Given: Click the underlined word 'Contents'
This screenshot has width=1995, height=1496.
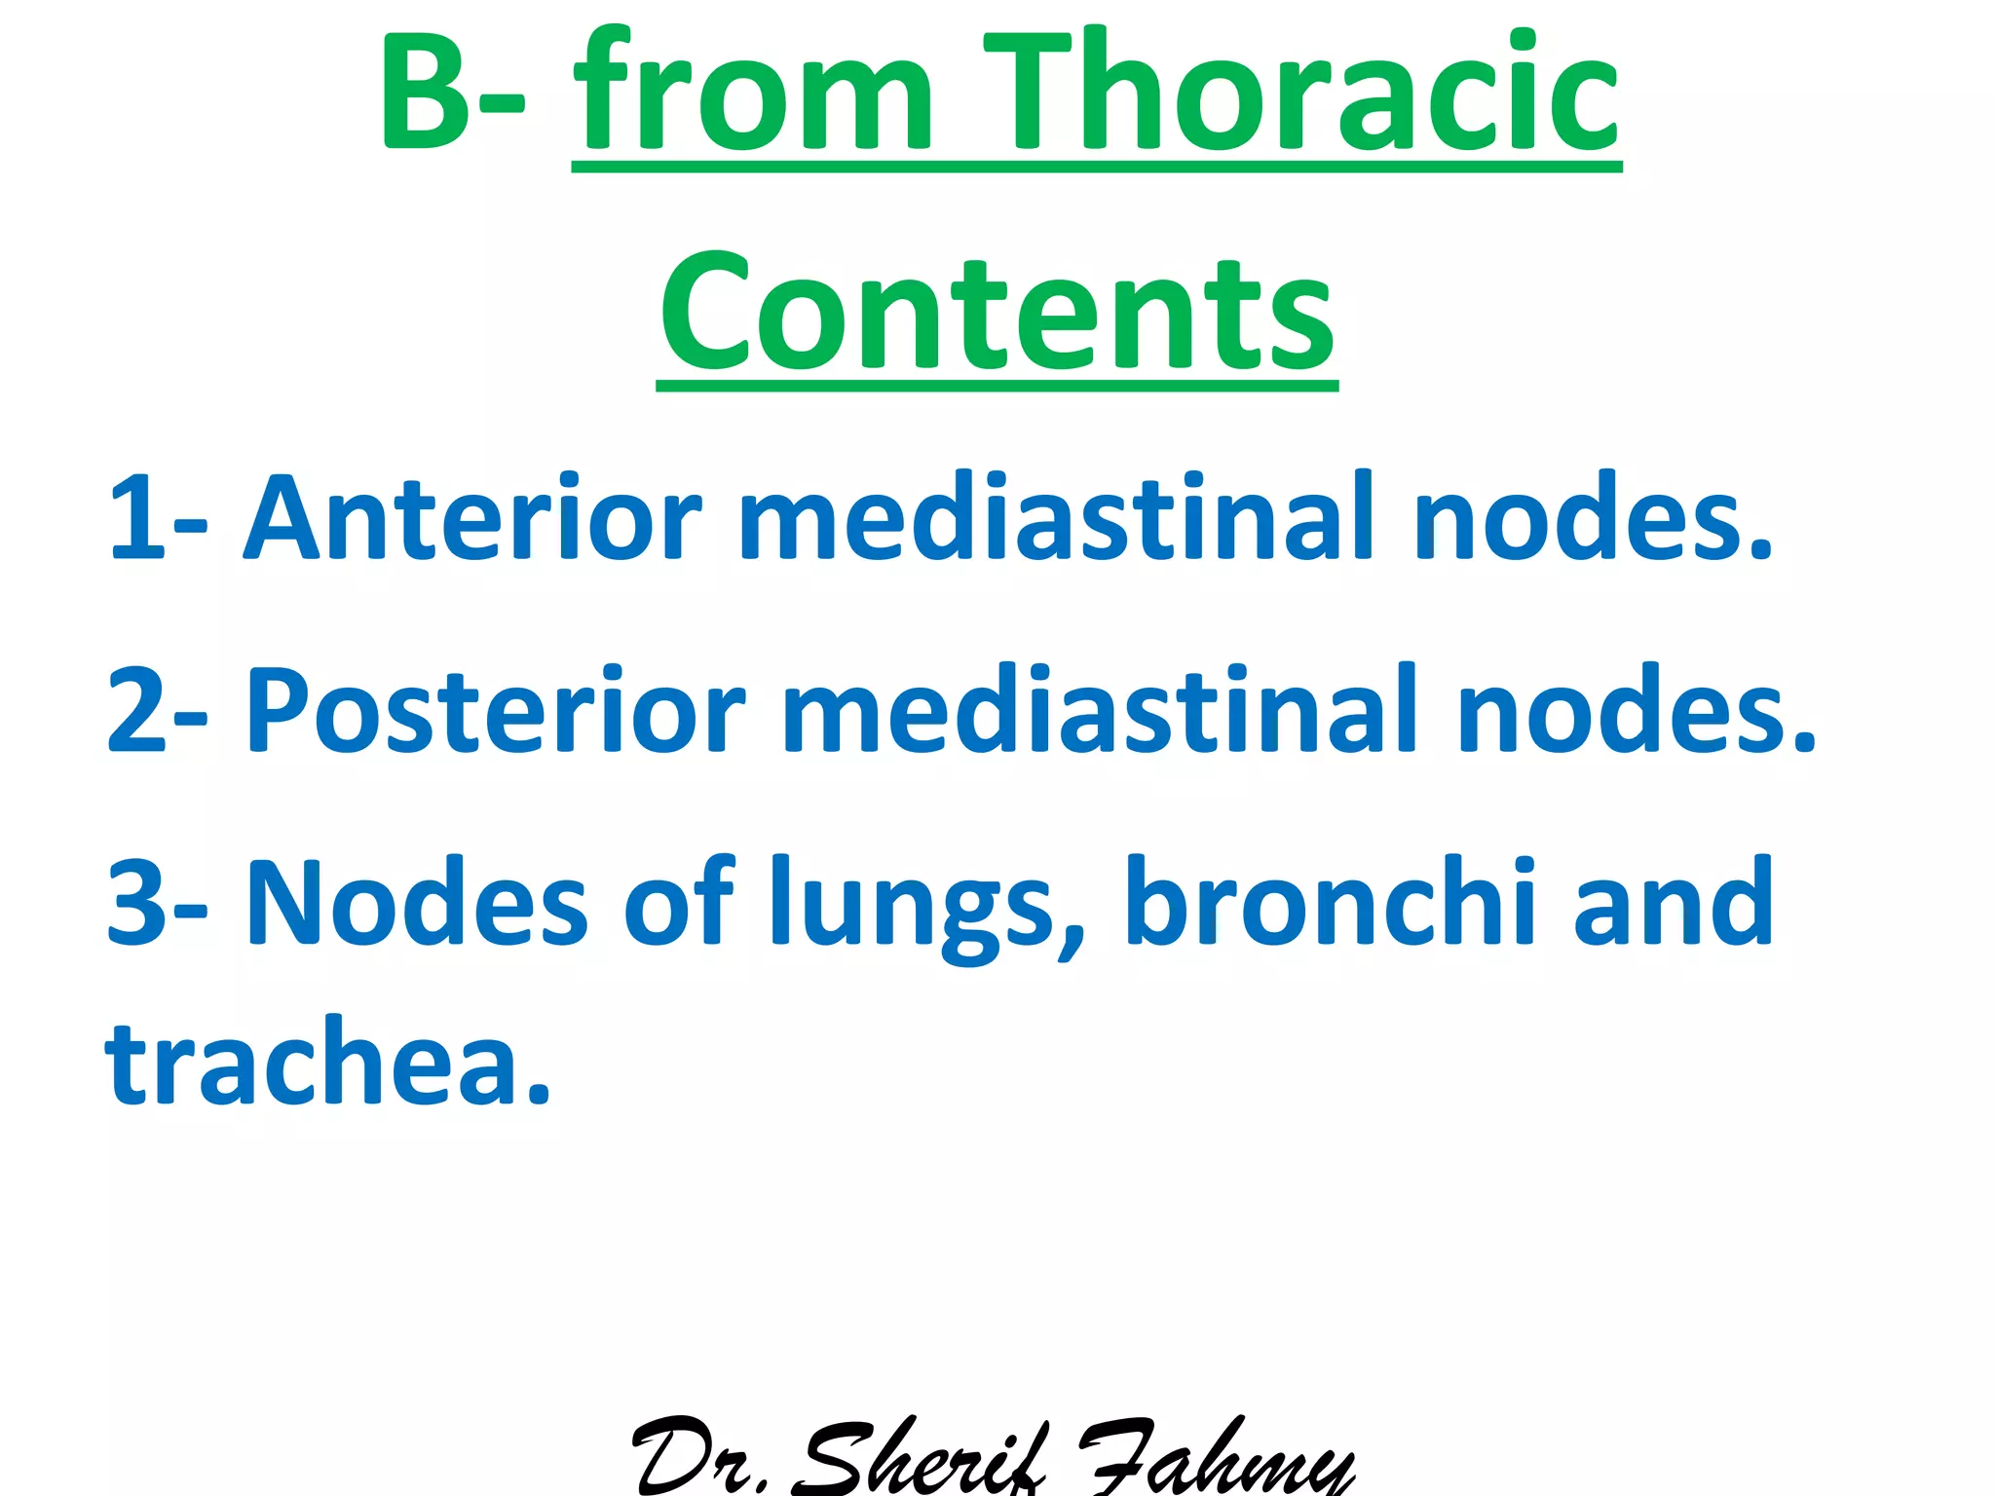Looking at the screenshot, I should [x=997, y=312].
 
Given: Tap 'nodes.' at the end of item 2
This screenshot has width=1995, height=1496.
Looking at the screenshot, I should [x=1637, y=711].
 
